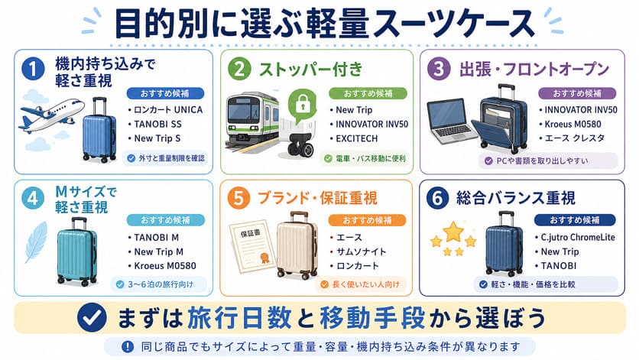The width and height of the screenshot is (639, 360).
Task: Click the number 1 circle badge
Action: (33, 68)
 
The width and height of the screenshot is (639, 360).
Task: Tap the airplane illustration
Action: (52, 114)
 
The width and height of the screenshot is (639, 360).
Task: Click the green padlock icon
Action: (303, 105)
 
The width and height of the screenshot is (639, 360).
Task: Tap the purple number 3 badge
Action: (439, 68)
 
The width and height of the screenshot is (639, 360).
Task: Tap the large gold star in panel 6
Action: (452, 231)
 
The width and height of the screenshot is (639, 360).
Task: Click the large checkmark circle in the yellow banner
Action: (92, 318)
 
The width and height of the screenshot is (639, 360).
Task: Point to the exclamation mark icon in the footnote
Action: (128, 346)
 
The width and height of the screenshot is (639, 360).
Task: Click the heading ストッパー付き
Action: (311, 69)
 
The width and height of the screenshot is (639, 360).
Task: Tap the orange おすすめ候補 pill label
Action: (367, 220)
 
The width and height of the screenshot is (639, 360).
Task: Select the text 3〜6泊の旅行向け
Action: (161, 284)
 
